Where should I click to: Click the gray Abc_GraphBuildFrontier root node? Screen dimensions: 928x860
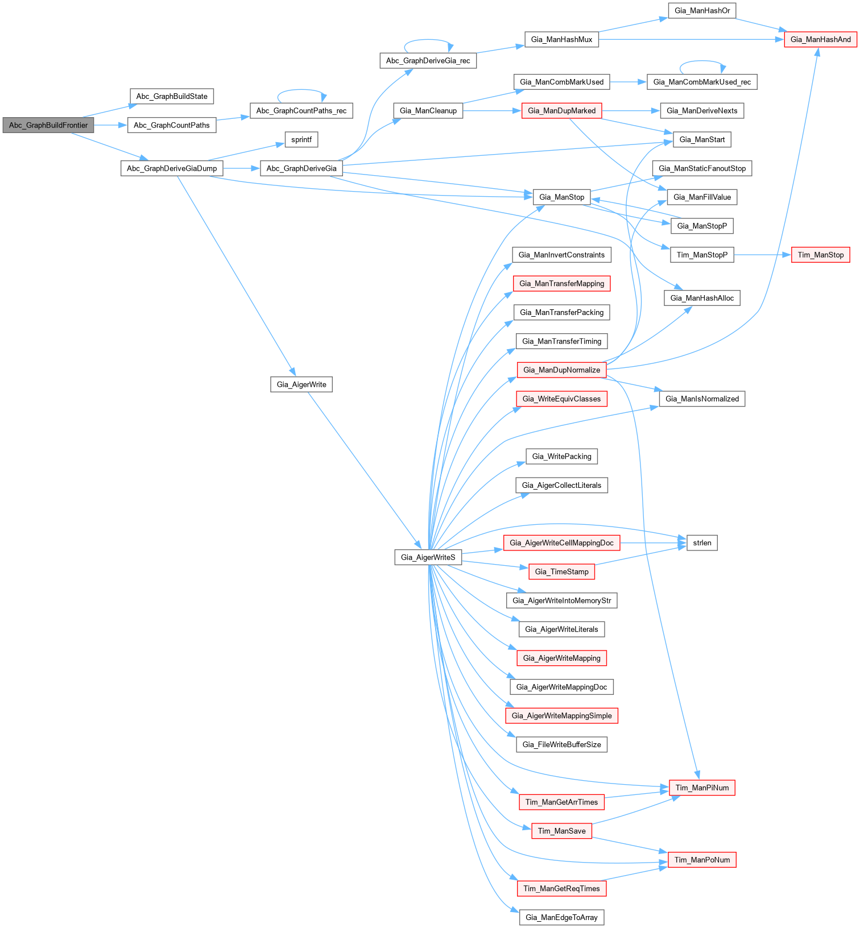click(48, 125)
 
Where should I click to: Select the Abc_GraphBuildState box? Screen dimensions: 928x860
click(172, 96)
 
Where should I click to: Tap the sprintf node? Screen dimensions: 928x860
click(301, 139)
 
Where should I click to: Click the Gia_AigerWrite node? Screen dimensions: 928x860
click(301, 384)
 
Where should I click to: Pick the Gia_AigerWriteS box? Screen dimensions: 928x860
click(428, 557)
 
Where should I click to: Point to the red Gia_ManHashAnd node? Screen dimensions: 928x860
click(820, 39)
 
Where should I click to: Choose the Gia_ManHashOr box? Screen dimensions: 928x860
click(702, 10)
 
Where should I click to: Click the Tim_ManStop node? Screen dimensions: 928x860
click(820, 255)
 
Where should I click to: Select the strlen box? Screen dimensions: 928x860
click(702, 543)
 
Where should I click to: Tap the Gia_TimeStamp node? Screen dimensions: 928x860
click(561, 571)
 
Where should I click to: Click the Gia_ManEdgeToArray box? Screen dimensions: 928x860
click(561, 917)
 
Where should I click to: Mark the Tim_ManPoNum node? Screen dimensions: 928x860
click(702, 860)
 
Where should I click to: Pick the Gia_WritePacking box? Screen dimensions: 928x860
click(561, 456)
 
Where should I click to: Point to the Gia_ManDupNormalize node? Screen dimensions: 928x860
click(561, 370)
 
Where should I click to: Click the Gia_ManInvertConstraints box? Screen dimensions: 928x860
click(561, 255)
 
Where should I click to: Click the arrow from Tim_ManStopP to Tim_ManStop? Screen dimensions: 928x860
click(762, 255)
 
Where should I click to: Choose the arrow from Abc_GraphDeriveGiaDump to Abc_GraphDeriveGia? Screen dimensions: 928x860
click(241, 168)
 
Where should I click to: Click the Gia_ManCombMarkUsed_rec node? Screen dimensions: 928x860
click(702, 82)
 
